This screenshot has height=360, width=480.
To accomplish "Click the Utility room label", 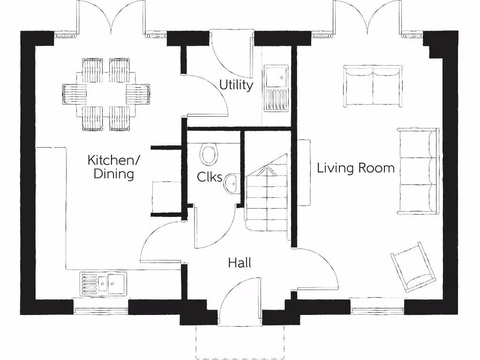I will click(236, 85).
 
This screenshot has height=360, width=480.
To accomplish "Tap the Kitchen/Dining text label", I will click(113, 167).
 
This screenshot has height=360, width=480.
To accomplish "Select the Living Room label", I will click(356, 168).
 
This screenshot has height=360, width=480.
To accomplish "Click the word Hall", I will click(240, 262).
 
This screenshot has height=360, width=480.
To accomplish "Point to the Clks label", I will click(210, 177).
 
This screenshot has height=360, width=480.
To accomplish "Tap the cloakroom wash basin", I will click(232, 183).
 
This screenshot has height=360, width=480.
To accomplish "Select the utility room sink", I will click(276, 89).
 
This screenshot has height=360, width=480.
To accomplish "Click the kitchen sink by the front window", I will click(103, 284).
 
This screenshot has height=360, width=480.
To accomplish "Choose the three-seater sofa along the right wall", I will click(418, 171).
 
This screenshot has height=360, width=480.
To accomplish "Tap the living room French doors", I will click(368, 19).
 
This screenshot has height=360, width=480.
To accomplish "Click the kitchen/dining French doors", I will click(111, 19).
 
